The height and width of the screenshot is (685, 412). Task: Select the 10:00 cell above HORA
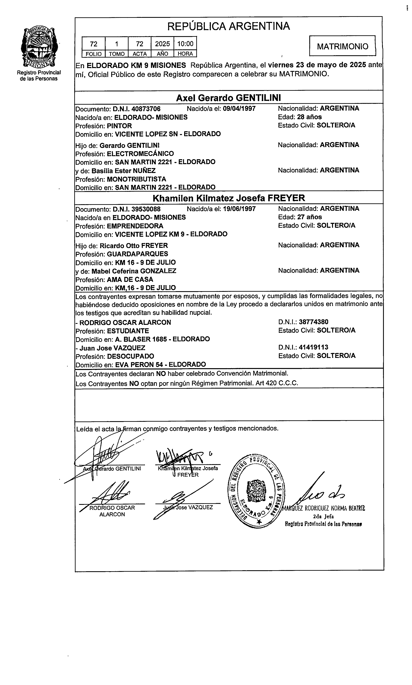[185, 43]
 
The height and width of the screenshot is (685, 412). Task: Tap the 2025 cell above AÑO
[162, 43]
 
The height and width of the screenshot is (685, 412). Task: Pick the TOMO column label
[117, 54]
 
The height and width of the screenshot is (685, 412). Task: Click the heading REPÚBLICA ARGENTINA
[228, 26]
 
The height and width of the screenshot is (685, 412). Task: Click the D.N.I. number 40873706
[146, 109]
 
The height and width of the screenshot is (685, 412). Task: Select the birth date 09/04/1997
[239, 109]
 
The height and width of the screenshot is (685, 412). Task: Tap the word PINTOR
[119, 126]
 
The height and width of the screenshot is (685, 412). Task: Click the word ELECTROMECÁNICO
[140, 153]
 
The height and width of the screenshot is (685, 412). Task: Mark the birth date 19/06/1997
[239, 209]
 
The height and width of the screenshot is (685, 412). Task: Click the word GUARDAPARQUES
[137, 254]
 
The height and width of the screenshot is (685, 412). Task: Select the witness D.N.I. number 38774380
[313, 322]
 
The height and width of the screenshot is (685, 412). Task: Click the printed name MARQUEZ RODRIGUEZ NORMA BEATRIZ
[324, 508]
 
